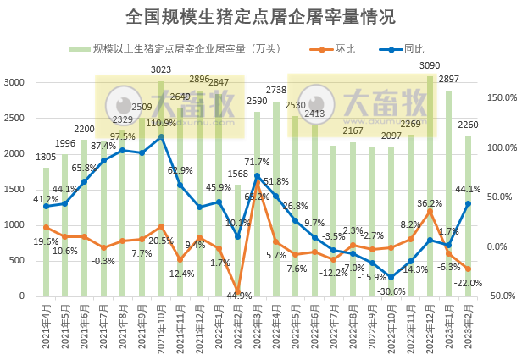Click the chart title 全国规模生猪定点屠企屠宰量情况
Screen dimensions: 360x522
[260, 16]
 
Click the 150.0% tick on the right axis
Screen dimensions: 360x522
[500, 97]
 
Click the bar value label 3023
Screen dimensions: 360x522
[161, 69]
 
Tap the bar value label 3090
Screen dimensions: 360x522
[430, 65]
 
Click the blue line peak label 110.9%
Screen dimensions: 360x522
[161, 124]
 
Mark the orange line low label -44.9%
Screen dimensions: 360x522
[237, 296]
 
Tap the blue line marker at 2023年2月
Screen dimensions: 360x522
[468, 203]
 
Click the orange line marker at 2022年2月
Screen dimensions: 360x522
[238, 291]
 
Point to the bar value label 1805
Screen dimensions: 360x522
[46, 156]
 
